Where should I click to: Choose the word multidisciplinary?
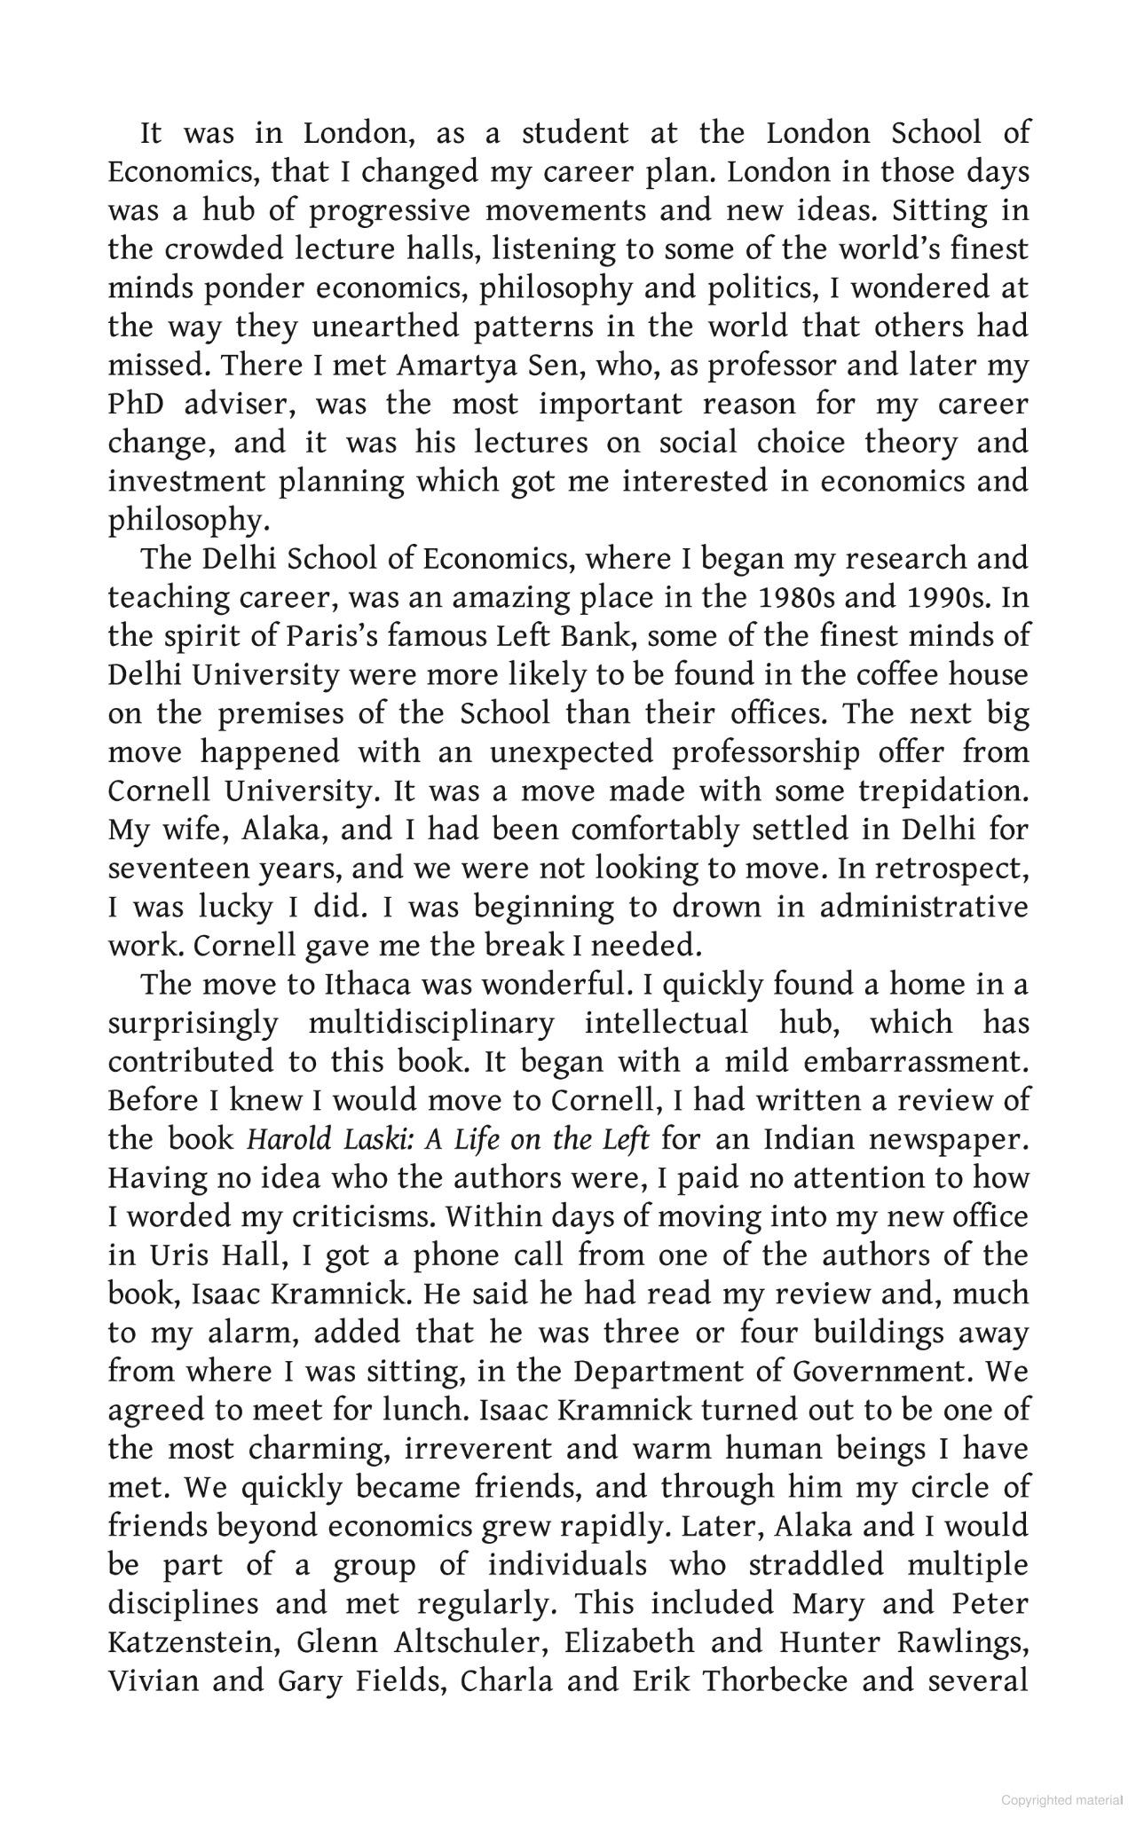point(430,1024)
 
